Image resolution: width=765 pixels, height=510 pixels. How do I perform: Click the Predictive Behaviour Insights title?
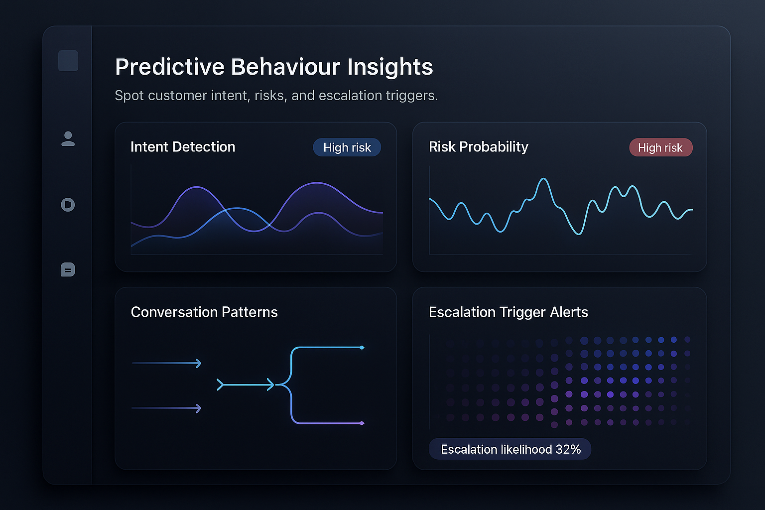point(274,67)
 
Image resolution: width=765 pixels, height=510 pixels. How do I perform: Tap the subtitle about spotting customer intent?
point(276,96)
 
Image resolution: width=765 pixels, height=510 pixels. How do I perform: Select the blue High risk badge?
point(347,147)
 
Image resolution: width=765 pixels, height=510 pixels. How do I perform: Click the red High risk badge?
point(660,147)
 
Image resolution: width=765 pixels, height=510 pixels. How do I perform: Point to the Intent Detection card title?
point(183,147)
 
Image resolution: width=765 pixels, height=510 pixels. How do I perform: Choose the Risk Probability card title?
point(478,147)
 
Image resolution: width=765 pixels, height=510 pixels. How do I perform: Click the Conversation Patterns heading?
point(204,312)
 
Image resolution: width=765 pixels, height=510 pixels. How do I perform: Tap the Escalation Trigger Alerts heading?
point(508,312)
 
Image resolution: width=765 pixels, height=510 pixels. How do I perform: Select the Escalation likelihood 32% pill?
point(510,449)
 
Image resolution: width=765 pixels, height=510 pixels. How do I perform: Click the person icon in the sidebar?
point(68,139)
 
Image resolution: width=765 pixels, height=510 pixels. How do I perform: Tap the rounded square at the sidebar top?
point(68,61)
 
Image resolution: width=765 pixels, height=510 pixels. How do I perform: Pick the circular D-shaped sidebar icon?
point(68,205)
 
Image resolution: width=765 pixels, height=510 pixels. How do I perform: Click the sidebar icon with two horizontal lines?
point(68,270)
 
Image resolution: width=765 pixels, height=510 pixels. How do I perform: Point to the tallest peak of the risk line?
point(544,179)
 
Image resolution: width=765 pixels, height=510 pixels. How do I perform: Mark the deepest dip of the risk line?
point(578,234)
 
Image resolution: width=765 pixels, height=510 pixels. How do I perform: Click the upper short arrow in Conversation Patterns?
point(166,363)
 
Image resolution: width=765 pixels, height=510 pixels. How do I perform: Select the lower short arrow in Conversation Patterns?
point(166,408)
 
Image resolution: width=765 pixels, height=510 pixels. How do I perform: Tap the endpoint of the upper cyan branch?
point(362,347)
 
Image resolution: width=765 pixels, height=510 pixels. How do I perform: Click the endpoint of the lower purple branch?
point(362,423)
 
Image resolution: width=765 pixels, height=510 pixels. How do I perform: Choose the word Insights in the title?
point(390,67)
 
